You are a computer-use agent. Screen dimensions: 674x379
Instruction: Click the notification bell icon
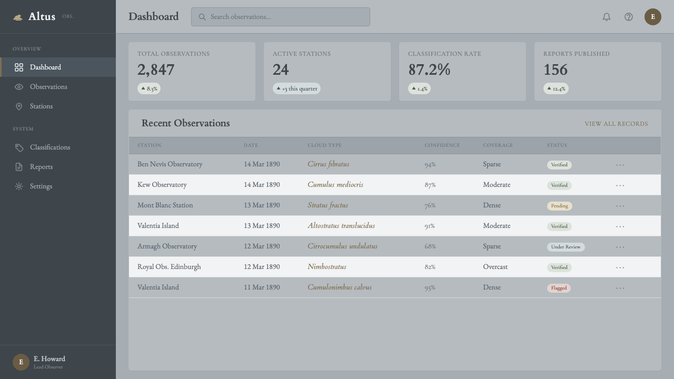coord(606,17)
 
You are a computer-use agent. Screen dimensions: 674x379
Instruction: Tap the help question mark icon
coord(629,17)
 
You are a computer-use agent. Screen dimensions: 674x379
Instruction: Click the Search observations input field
coord(281,17)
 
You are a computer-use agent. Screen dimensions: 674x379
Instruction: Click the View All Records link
coord(616,124)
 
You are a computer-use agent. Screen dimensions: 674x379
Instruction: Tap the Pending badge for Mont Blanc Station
coord(559,206)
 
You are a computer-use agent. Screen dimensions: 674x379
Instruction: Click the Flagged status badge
coord(559,288)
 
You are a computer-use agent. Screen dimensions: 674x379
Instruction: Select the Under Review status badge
coord(566,247)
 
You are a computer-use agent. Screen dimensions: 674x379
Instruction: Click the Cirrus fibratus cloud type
coord(328,164)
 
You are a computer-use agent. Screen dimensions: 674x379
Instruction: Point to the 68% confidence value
coord(430,246)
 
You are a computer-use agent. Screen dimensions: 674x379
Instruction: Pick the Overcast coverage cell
coord(495,267)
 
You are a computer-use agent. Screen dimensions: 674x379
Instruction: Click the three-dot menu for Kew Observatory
coord(620,186)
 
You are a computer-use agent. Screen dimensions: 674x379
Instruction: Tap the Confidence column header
coord(442,145)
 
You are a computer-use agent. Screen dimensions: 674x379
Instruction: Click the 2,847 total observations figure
coord(156,70)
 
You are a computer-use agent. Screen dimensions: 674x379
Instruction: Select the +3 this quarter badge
coord(296,88)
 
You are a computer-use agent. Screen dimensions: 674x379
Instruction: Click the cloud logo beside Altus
coord(18,17)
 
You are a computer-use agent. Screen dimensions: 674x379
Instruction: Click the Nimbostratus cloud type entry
coord(327,267)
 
